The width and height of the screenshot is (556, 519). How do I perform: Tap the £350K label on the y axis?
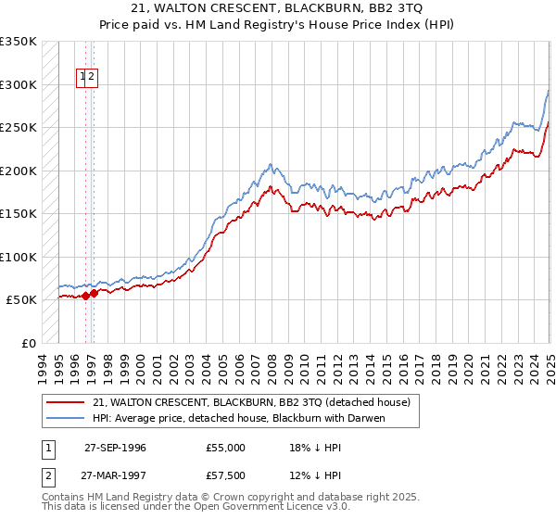click(x=19, y=42)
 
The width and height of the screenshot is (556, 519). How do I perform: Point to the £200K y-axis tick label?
click(x=19, y=171)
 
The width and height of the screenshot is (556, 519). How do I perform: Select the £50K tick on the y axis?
click(x=22, y=300)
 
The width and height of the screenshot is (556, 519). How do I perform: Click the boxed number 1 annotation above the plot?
click(x=83, y=78)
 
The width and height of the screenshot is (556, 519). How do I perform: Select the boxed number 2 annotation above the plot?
click(x=93, y=78)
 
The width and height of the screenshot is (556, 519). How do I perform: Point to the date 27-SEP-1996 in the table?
click(x=115, y=448)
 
